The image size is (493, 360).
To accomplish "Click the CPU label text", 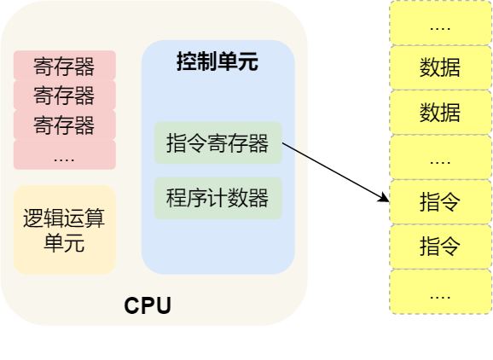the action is pyautogui.click(x=148, y=305).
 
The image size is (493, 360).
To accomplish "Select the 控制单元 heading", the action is pyautogui.click(x=217, y=61).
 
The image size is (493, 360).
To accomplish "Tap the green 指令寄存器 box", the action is pyautogui.click(x=217, y=142).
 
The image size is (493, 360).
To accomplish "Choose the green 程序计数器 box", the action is pyautogui.click(x=217, y=198).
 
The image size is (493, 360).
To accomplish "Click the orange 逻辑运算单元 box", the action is pyautogui.click(x=65, y=229).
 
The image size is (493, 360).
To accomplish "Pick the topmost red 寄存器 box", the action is pyautogui.click(x=65, y=66).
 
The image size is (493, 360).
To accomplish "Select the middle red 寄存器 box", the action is pyautogui.click(x=65, y=95).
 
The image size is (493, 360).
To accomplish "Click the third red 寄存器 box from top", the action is pyautogui.click(x=65, y=125).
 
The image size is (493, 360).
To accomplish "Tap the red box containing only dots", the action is pyautogui.click(x=65, y=154).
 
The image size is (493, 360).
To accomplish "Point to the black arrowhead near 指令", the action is pyautogui.click(x=384, y=198).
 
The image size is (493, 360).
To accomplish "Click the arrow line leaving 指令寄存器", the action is pyautogui.click(x=336, y=172).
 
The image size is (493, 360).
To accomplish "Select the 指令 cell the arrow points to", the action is pyautogui.click(x=440, y=202).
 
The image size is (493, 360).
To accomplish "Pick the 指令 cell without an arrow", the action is pyautogui.click(x=440, y=247).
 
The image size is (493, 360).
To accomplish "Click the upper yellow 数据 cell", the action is pyautogui.click(x=440, y=67).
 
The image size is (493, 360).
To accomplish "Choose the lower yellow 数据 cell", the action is pyautogui.click(x=440, y=113).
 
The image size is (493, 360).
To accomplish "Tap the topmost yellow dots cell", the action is pyautogui.click(x=440, y=23).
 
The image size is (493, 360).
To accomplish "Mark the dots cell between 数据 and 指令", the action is pyautogui.click(x=440, y=157).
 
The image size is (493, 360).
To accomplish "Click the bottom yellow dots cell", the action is pyautogui.click(x=440, y=292).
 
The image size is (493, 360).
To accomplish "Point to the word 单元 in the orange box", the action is pyautogui.click(x=64, y=243).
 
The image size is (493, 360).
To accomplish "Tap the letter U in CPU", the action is pyautogui.click(x=164, y=306).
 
